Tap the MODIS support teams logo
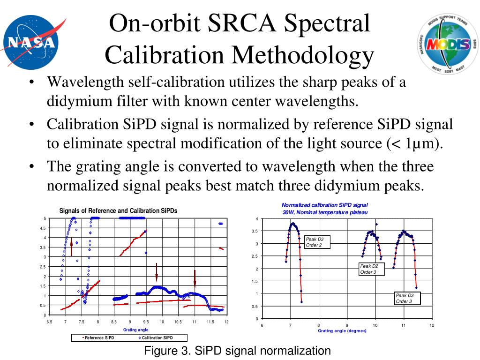[448, 44]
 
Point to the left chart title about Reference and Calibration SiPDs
[118, 211]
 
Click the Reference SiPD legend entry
[98, 337]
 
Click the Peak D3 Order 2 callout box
[317, 242]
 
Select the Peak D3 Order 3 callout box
[407, 298]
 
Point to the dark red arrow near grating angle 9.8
[157, 272]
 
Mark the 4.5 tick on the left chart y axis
[43, 228]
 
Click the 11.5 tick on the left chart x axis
[210, 322]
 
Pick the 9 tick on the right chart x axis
[347, 325]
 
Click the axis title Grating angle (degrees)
[342, 331]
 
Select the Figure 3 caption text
[237, 351]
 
